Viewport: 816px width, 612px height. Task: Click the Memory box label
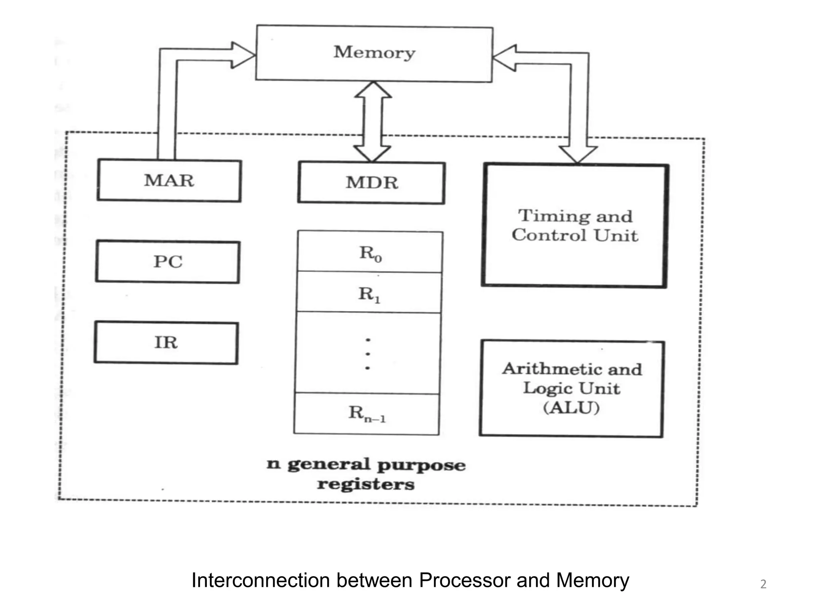[374, 53]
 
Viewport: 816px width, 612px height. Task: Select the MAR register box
[169, 181]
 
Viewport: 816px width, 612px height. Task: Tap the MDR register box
[371, 183]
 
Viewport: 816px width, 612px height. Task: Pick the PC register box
[168, 262]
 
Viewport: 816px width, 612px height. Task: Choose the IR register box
[166, 343]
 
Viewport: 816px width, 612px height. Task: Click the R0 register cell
[370, 253]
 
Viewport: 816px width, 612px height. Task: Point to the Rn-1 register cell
[367, 413]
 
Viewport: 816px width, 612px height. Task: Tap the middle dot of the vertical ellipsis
[367, 354]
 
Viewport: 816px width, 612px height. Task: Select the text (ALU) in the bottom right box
[571, 408]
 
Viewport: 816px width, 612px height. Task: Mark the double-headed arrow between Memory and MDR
[373, 122]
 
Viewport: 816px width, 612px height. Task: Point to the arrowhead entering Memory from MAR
[243, 55]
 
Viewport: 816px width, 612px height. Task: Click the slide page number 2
[763, 584]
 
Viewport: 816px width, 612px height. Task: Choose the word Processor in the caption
[465, 580]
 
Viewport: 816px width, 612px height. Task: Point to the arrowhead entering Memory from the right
[504, 58]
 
